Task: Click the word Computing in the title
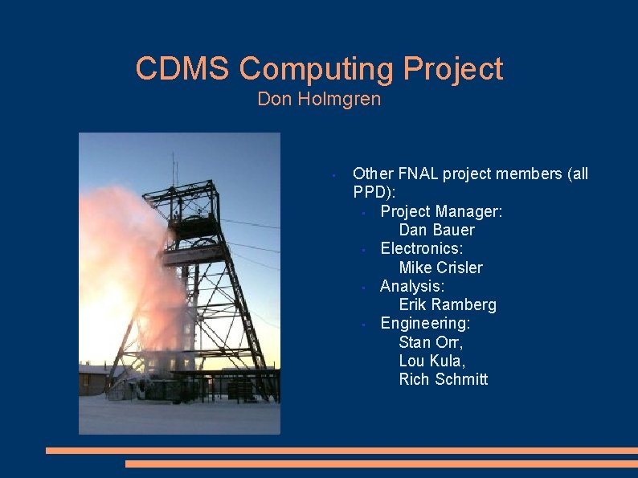(317, 69)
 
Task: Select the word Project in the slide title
(453, 69)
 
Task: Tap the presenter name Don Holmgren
(319, 100)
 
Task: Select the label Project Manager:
(441, 211)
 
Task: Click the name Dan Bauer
(436, 230)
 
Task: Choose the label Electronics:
(421, 249)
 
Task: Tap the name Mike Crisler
(440, 268)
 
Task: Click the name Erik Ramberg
(448, 304)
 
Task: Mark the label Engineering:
(425, 323)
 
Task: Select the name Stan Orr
(431, 341)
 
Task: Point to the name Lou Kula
(431, 361)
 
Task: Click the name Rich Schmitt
(443, 379)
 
